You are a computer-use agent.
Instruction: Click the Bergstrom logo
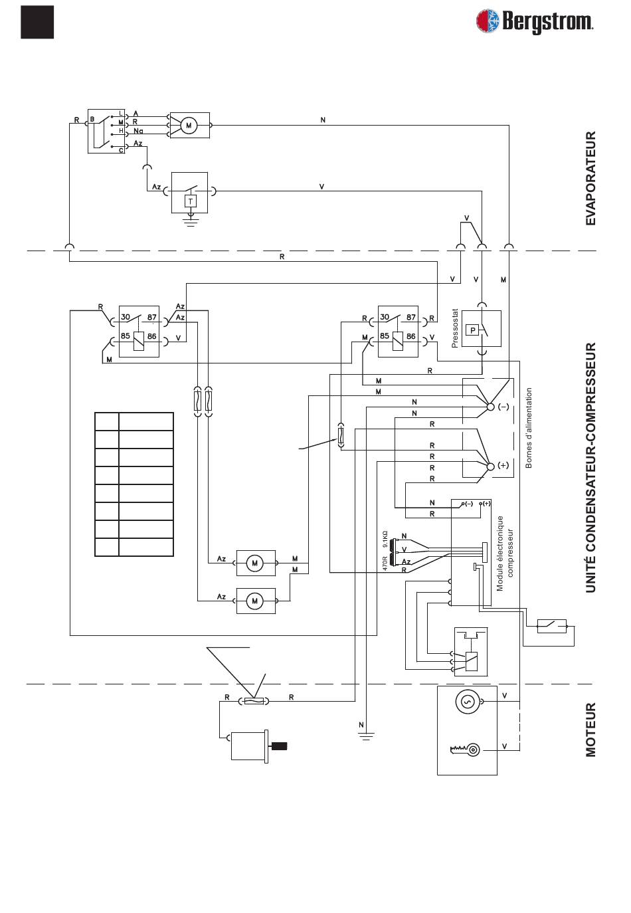(535, 21)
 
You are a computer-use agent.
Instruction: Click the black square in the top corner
(37, 22)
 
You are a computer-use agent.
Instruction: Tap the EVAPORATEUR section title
(590, 178)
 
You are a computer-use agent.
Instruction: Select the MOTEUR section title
(590, 730)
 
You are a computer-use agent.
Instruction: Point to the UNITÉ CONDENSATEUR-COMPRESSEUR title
(590, 467)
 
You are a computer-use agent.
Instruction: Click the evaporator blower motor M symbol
(189, 126)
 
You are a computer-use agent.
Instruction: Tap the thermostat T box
(190, 201)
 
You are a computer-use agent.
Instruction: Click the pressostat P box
(472, 330)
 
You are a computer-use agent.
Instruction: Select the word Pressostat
(455, 328)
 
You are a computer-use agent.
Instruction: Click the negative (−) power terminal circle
(491, 407)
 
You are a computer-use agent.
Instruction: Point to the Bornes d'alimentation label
(529, 427)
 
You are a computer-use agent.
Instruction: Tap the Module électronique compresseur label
(505, 553)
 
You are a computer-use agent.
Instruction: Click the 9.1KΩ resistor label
(385, 539)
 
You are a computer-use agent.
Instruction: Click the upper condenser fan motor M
(255, 563)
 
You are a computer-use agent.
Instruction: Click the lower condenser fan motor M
(255, 601)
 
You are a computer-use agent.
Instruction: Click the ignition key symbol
(465, 749)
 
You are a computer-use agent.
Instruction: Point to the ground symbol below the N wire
(366, 736)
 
